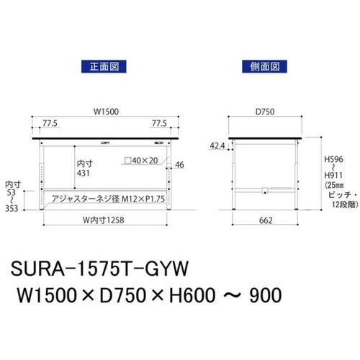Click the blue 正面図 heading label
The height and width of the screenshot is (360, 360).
pyautogui.click(x=104, y=66)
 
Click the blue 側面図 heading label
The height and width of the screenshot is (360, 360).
pyautogui.click(x=264, y=66)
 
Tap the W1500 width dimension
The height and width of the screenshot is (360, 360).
pyautogui.click(x=106, y=112)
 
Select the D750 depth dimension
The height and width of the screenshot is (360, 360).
pyautogui.click(x=265, y=112)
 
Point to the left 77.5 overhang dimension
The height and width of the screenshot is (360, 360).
pyautogui.click(x=50, y=123)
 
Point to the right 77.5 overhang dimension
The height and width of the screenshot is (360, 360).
pyautogui.click(x=159, y=123)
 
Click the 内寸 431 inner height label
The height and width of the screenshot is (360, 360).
pyautogui.click(x=85, y=168)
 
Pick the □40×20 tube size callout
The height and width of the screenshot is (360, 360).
pyautogui.click(x=141, y=161)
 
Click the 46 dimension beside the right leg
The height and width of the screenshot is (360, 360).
pyautogui.click(x=179, y=165)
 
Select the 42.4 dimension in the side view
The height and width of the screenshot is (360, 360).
pyautogui.click(x=217, y=145)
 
